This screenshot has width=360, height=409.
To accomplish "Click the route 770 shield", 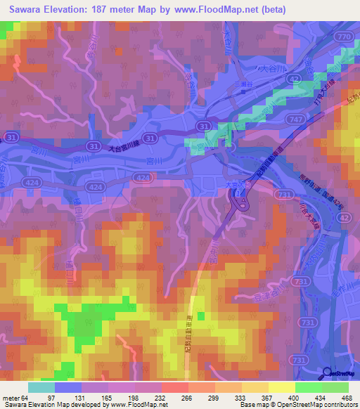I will click(x=343, y=36).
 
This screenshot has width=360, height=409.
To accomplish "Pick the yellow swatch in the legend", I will click(x=281, y=387).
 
